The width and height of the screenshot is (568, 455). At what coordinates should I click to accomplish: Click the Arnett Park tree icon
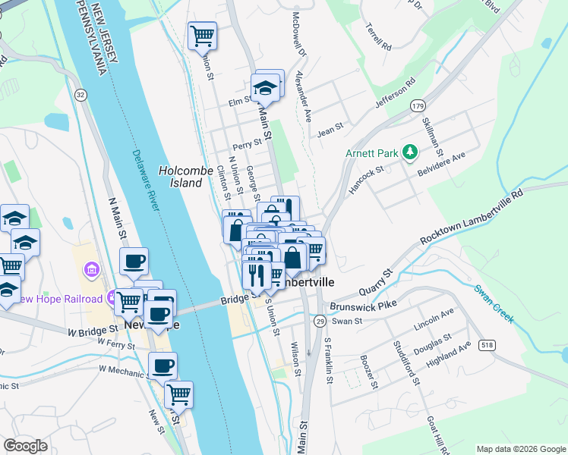(411, 152)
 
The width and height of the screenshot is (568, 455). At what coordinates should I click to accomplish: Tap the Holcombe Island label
(181, 177)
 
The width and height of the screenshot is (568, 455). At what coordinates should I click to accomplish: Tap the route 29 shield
(320, 322)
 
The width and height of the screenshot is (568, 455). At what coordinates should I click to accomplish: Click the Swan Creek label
(494, 303)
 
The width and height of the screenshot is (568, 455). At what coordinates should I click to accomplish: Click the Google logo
(25, 446)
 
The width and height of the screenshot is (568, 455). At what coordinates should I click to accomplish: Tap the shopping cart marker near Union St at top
(203, 36)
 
